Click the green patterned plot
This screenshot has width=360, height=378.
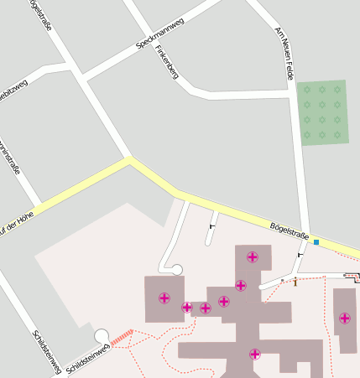coord(322,112)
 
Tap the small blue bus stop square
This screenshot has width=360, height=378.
coord(316,242)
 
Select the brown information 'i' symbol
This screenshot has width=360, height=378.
coord(295,281)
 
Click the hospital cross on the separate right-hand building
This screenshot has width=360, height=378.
coord(344,318)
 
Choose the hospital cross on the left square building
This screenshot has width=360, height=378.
coord(164,298)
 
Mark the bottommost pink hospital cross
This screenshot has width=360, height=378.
coord(255,354)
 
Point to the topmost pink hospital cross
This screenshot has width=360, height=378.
coord(252,256)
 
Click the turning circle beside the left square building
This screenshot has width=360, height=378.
coord(177,269)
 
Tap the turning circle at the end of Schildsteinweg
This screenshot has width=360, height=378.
coord(102,336)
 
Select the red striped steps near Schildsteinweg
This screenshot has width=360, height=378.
coord(123,336)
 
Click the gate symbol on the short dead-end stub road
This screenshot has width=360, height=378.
coord(212,225)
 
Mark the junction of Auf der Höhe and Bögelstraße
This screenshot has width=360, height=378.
coord(128,158)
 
